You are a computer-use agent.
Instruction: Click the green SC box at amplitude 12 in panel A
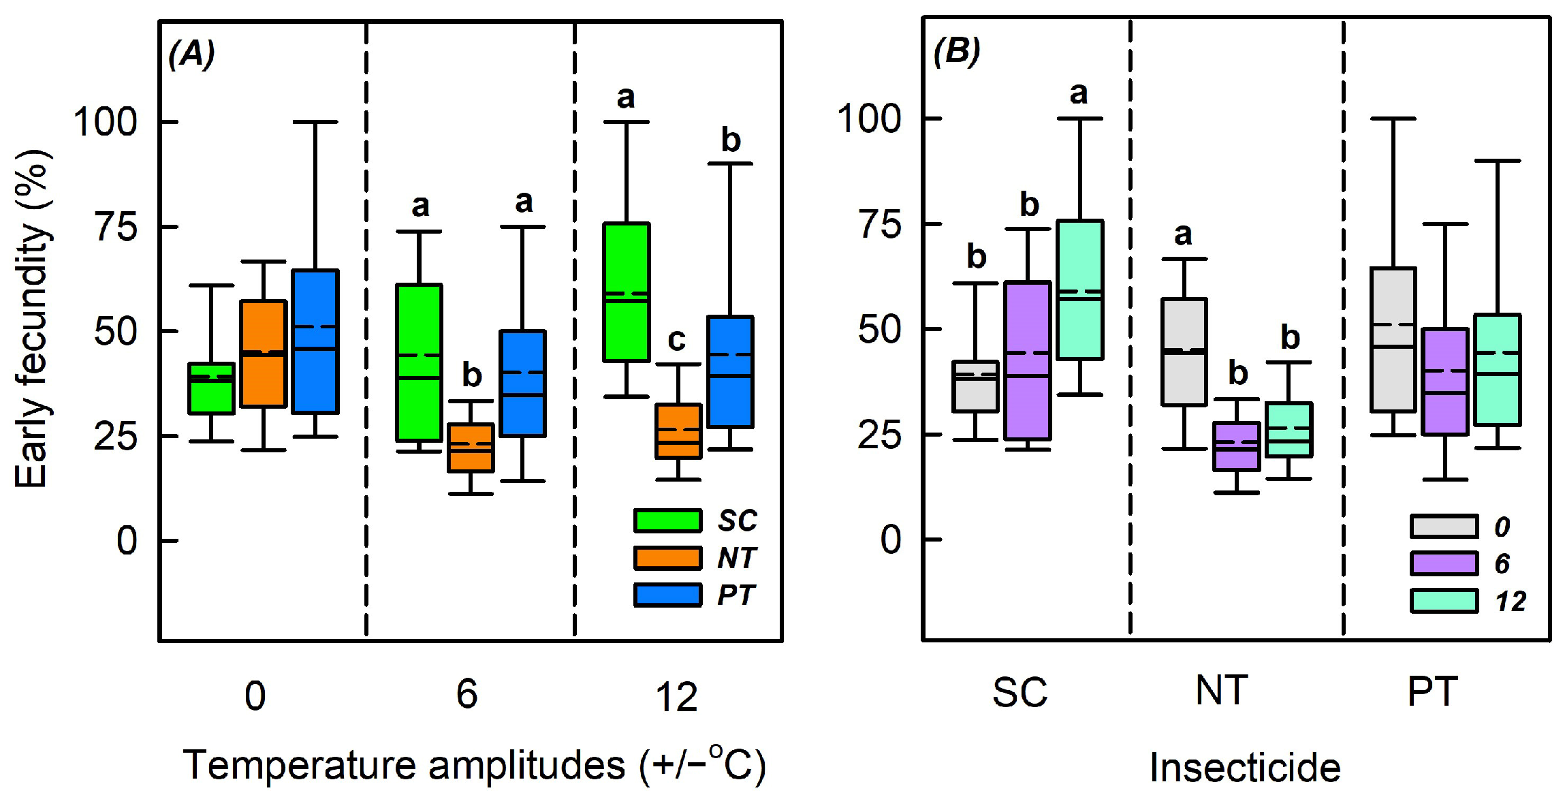pos(626,292)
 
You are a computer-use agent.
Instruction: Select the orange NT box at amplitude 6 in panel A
pos(471,447)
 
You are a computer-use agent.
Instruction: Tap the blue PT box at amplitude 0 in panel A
pos(315,341)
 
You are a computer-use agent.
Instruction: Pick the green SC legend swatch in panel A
pos(667,520)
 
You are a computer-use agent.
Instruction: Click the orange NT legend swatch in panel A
pos(667,558)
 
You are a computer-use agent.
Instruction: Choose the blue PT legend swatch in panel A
pos(667,595)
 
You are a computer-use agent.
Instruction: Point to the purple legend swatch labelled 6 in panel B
pos(1444,563)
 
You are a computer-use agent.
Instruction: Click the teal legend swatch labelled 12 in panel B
pos(1444,601)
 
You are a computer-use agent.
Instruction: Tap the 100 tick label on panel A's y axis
pos(106,122)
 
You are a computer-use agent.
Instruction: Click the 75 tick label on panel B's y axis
pos(879,224)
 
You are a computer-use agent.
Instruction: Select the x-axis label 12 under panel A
pos(676,696)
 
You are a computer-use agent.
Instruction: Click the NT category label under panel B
pos(1222,691)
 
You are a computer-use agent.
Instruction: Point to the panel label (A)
pos(192,54)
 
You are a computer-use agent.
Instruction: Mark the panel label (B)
pos(957,51)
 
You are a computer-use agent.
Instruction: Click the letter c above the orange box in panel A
pos(676,339)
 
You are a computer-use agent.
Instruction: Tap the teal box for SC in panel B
pos(1080,290)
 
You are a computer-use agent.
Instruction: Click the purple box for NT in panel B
pos(1237,446)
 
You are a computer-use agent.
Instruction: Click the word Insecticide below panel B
pos(1245,768)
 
